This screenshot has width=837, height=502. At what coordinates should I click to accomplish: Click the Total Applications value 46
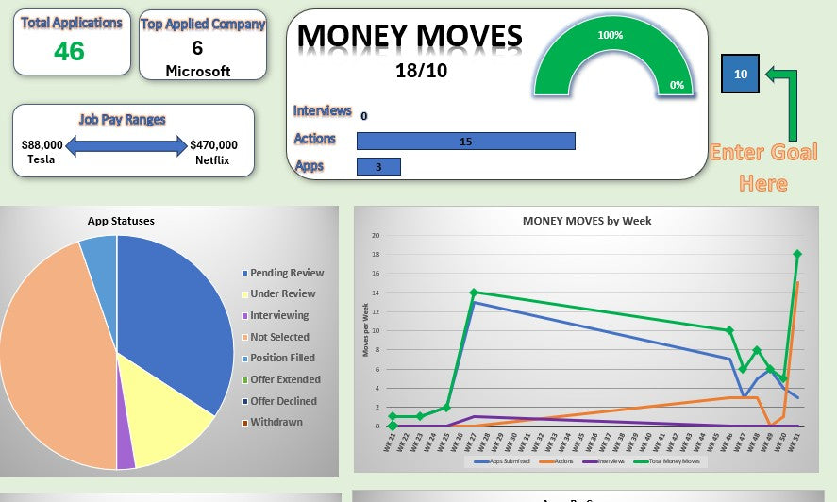69,51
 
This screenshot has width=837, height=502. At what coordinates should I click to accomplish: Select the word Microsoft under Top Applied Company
198,71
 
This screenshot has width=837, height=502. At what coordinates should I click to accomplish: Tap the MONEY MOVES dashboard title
410,37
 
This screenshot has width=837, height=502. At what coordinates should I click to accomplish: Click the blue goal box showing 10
740,74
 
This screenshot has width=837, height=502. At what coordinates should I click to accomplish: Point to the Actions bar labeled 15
465,141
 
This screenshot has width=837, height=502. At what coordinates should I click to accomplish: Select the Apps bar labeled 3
378,167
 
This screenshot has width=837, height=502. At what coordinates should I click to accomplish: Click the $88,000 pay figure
42,145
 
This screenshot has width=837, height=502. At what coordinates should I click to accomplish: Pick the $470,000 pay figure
213,145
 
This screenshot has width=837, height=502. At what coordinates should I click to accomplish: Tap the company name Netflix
213,159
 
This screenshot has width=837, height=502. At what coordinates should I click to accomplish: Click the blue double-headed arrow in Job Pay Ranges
127,146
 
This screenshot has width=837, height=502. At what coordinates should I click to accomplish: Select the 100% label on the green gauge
611,35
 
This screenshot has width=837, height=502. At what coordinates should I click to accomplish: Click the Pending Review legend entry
286,273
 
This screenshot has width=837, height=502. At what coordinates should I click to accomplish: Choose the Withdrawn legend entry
276,422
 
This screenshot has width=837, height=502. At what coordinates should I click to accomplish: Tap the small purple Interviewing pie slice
126,455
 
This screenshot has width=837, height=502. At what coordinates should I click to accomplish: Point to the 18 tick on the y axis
376,255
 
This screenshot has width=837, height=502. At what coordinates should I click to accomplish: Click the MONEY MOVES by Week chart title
586,221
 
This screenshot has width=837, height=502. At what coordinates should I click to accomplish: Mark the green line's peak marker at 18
797,254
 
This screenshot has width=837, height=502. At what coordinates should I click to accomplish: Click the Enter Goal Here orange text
763,166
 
